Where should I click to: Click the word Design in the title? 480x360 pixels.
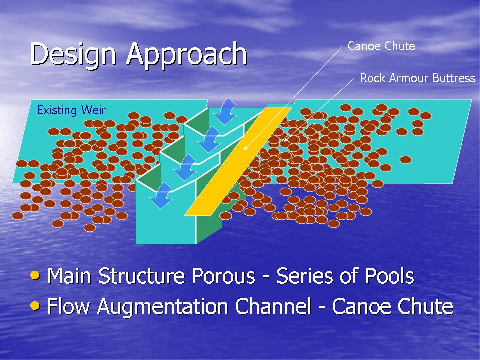[73, 54]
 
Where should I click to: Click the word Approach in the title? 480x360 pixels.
[187, 55]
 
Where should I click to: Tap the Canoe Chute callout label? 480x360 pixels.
[381, 46]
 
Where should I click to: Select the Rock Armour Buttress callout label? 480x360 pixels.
[418, 78]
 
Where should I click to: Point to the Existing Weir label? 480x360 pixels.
[71, 110]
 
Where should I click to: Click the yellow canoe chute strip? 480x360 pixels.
[238, 161]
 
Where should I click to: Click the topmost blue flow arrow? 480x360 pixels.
[225, 111]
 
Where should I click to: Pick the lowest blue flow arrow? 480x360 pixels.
[162, 195]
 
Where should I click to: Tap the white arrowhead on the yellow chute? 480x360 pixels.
[246, 147]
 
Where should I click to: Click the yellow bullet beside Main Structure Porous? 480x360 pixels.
[35, 275]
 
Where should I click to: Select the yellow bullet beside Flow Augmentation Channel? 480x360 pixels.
[35, 305]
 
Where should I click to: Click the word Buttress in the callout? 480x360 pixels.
[454, 78]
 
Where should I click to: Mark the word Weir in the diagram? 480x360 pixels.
[93, 110]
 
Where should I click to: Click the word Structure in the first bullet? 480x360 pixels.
[142, 276]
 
